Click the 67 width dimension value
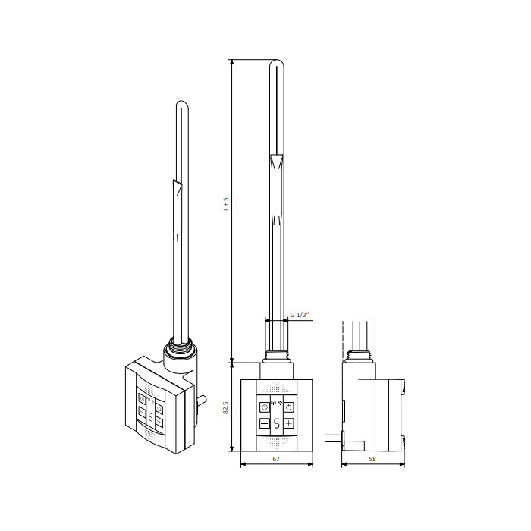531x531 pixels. pyautogui.click(x=276, y=459)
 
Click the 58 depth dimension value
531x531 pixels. pyautogui.click(x=372, y=459)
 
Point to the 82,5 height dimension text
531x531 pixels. pyautogui.click(x=226, y=407)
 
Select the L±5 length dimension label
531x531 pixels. pyautogui.click(x=226, y=204)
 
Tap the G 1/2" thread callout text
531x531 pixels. pyautogui.click(x=300, y=315)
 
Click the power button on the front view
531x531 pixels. pyautogui.click(x=288, y=407)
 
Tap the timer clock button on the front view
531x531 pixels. pyautogui.click(x=265, y=407)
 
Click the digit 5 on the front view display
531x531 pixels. pyautogui.click(x=277, y=423)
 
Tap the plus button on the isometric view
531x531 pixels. pyautogui.click(x=159, y=422)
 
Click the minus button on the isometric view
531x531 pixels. pyautogui.click(x=142, y=413)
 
